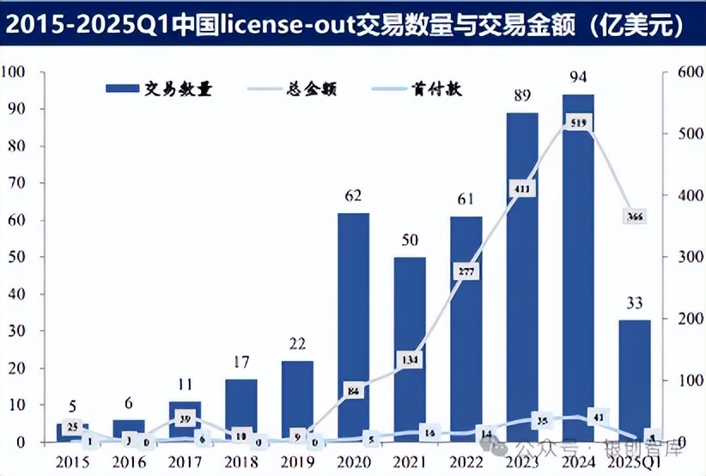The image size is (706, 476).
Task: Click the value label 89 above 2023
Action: [521, 98]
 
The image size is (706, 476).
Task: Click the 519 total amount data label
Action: [578, 124]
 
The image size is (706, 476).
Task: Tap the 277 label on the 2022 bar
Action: [465, 272]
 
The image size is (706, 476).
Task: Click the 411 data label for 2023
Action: [521, 188]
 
